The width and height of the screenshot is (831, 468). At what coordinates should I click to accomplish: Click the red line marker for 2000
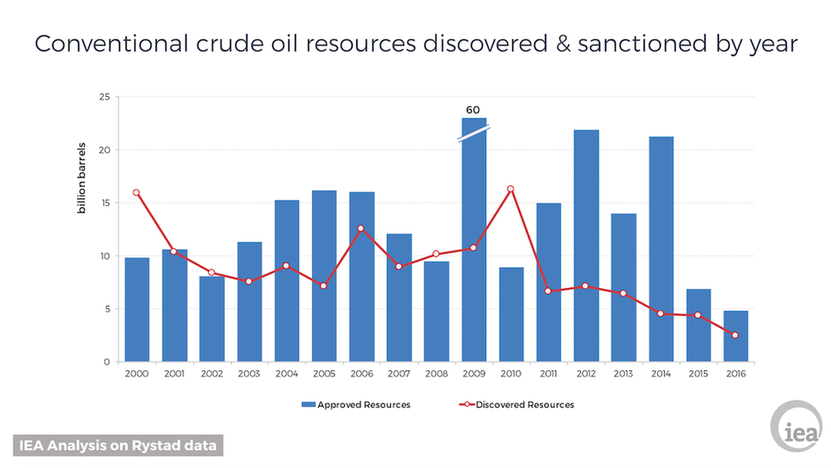click(x=136, y=192)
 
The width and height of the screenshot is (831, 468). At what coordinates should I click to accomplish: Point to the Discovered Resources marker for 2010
click(x=511, y=189)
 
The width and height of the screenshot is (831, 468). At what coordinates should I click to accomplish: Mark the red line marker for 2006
click(x=361, y=228)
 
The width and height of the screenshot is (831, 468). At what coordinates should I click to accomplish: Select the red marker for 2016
click(x=735, y=335)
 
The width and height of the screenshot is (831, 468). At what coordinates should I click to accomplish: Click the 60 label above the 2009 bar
click(x=473, y=110)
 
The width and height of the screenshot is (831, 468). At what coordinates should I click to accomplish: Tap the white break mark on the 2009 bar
click(x=473, y=133)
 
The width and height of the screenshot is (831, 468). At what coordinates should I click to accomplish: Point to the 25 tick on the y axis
click(x=105, y=97)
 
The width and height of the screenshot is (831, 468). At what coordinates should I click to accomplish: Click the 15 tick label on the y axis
click(x=105, y=203)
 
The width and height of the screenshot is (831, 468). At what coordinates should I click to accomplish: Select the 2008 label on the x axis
click(x=436, y=374)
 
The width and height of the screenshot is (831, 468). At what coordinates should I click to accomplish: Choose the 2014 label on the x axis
click(x=661, y=374)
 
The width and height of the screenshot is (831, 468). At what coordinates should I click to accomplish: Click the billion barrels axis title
click(x=81, y=178)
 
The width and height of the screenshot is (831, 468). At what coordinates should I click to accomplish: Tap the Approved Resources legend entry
click(x=356, y=405)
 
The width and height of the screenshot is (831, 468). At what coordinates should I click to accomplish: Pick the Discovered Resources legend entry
click(x=517, y=405)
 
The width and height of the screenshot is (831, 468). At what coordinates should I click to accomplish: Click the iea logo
click(x=796, y=427)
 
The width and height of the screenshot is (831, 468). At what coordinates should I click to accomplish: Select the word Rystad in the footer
click(x=156, y=445)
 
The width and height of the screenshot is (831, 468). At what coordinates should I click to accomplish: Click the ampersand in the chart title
click(x=563, y=44)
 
